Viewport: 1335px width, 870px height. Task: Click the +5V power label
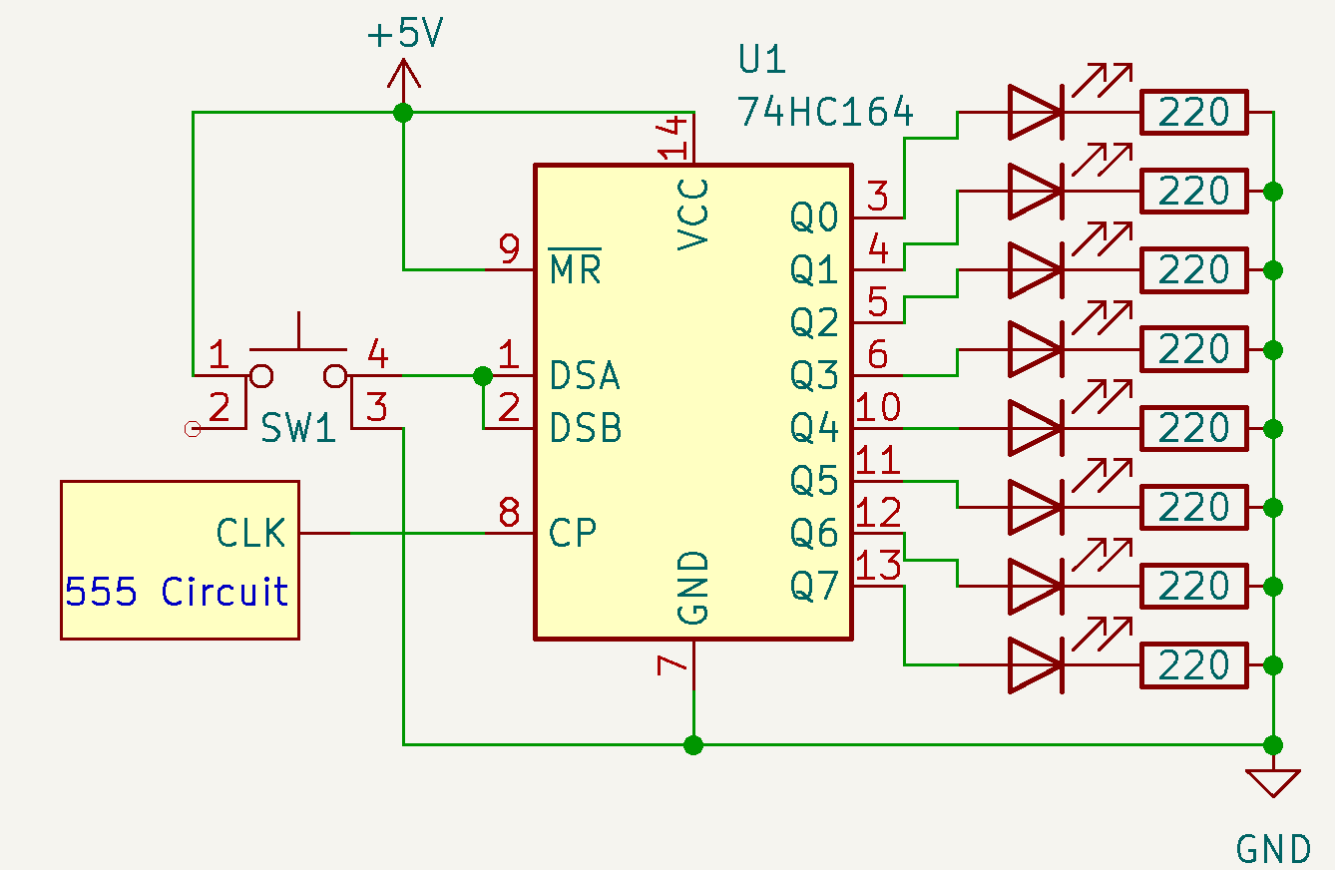pyautogui.click(x=405, y=35)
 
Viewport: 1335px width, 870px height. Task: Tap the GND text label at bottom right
pyautogui.click(x=1273, y=848)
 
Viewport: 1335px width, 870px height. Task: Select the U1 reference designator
pyautogui.click(x=762, y=60)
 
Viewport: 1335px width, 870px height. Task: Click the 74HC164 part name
pyautogui.click(x=825, y=112)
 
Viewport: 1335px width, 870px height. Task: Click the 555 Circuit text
pyautogui.click(x=177, y=592)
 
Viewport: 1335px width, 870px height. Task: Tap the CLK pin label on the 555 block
pyautogui.click(x=250, y=534)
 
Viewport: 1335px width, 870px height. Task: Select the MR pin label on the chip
pyautogui.click(x=576, y=268)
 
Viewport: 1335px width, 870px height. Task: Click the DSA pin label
pyautogui.click(x=586, y=376)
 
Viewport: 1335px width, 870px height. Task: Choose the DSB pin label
pyautogui.click(x=586, y=428)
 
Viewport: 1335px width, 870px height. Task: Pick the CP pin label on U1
pyautogui.click(x=573, y=533)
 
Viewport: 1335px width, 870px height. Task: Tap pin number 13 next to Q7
pyautogui.click(x=878, y=566)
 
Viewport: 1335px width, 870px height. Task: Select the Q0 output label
pyautogui.click(x=814, y=217)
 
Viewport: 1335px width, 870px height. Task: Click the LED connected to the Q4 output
pyautogui.click(x=1035, y=428)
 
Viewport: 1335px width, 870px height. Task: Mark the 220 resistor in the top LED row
pyautogui.click(x=1193, y=112)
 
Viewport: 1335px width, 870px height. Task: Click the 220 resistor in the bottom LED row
pyautogui.click(x=1193, y=665)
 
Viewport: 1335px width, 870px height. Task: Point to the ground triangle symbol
pyautogui.click(x=1273, y=782)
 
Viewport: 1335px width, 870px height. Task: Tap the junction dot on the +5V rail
pyautogui.click(x=403, y=113)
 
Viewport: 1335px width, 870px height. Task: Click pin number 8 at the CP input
pyautogui.click(x=509, y=513)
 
